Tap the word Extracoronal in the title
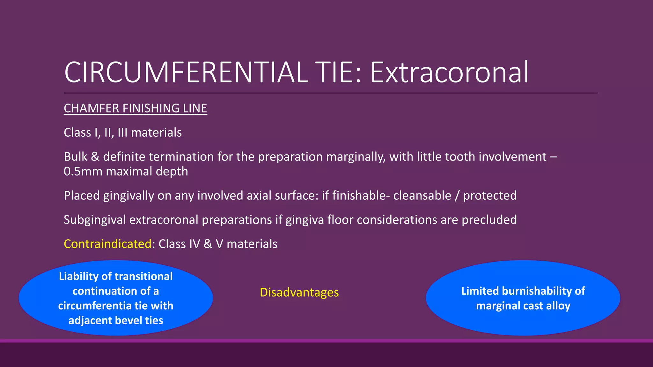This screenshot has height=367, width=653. tap(449, 73)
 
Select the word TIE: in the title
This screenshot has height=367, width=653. tap(338, 73)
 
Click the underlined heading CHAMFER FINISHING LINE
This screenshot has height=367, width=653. tap(135, 108)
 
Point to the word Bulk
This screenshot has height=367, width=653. tap(76, 157)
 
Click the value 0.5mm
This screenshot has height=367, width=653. tap(83, 171)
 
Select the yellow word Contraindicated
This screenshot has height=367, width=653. tap(108, 244)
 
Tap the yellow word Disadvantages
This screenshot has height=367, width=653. tap(299, 292)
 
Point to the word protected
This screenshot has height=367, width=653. tap(490, 196)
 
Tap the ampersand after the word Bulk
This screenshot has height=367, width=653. tap(95, 157)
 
